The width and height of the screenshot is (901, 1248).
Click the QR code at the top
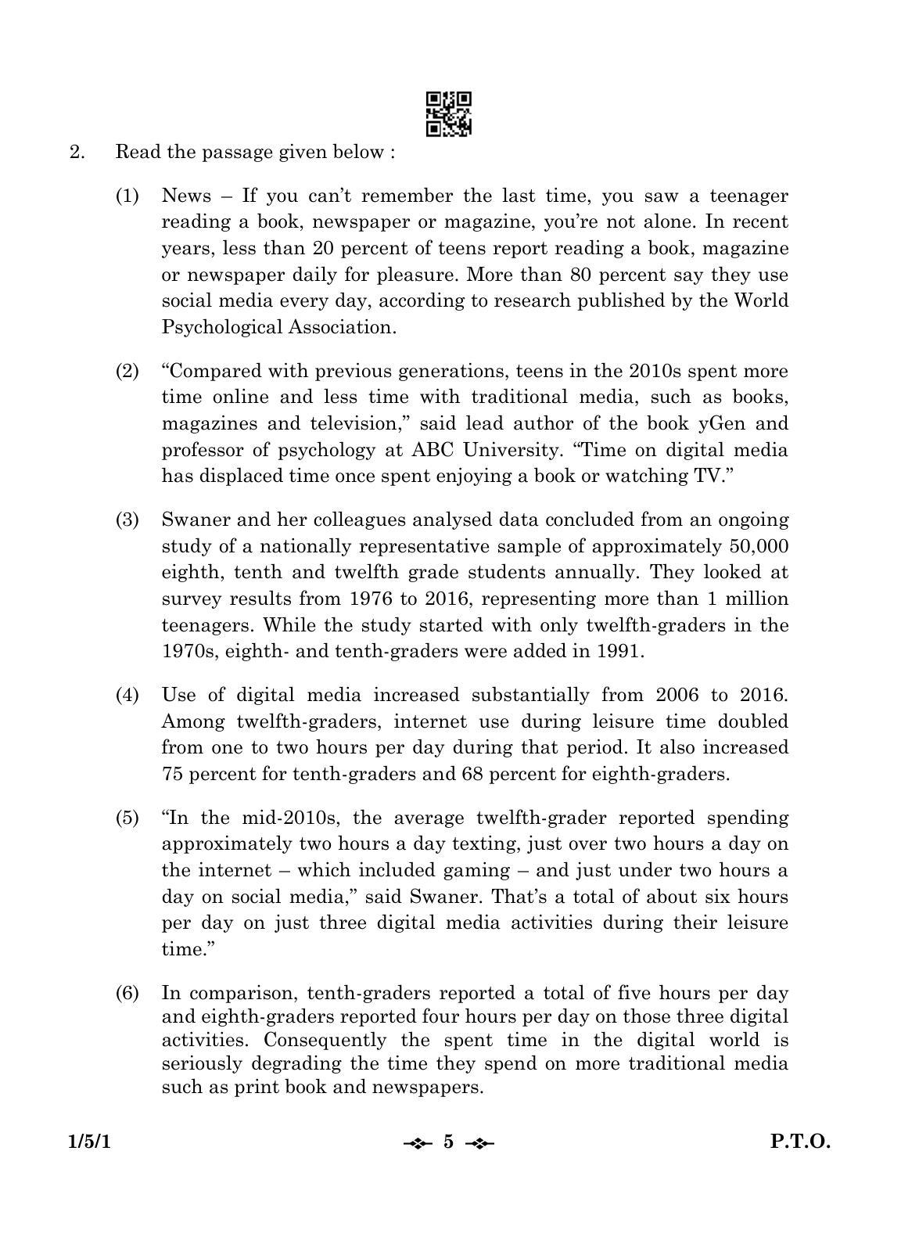pos(448,113)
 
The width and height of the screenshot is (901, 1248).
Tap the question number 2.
pos(77,152)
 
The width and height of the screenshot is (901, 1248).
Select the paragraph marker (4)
pos(127,695)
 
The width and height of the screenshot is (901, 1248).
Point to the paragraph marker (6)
pos(127,993)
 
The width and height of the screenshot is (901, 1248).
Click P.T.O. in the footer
pos(800,1142)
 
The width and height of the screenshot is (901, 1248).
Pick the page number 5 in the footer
pos(448,1142)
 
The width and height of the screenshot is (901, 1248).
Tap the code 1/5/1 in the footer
pos(89,1142)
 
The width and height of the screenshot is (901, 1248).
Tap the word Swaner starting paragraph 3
pos(190,520)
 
